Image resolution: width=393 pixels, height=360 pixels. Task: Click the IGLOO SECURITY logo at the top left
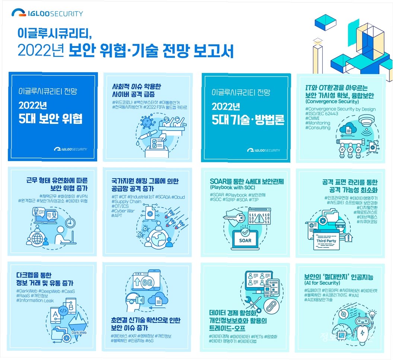point(47,14)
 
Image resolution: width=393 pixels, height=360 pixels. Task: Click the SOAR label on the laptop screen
point(245,240)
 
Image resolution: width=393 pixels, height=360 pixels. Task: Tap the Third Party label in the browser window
point(326,241)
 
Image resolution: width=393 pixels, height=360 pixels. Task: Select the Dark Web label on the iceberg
point(79,332)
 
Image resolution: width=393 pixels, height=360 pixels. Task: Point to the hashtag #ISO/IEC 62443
point(322,114)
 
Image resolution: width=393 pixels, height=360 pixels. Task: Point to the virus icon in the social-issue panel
point(146,122)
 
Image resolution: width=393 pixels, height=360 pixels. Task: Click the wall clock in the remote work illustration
point(70,223)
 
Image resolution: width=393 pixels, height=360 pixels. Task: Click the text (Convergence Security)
point(332,102)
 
